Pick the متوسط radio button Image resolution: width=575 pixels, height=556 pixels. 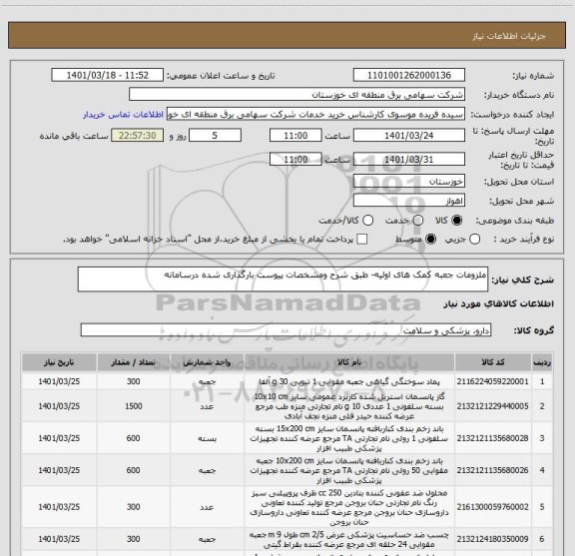coord(429,240)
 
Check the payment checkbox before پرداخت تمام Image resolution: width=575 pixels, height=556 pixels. coord(361,240)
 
